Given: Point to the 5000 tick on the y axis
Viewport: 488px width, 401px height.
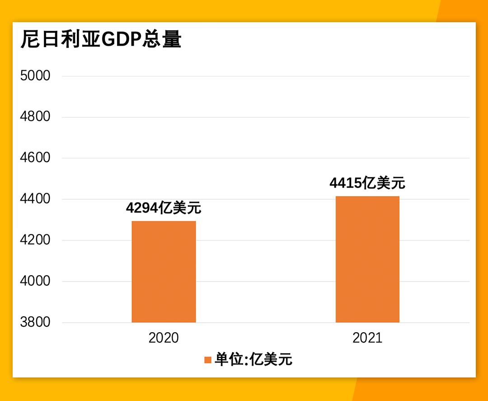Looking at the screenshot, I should pos(35,76).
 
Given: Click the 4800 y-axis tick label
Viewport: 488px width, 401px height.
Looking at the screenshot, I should pos(35,117).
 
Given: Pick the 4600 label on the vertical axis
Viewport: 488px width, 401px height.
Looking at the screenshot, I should pos(35,158).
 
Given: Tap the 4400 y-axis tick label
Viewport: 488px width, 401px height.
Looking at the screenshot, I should pos(35,199).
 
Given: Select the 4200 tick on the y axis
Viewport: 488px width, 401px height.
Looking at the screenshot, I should pos(35,240).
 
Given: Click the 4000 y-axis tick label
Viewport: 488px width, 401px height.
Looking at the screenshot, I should pos(35,281).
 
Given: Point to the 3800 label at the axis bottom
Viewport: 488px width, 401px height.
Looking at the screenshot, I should pos(35,322).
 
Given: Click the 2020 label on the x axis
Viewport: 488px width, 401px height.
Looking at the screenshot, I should pos(164,338).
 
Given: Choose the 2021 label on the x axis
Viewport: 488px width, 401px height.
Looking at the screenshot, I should pos(367,338).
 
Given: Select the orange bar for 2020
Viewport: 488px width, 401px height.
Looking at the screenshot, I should pos(164,272).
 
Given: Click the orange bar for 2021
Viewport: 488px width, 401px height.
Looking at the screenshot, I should pos(367,259).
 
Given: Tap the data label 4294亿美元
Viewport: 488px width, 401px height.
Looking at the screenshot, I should pos(164,208).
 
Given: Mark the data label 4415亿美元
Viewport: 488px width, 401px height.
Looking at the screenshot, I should pos(367,183).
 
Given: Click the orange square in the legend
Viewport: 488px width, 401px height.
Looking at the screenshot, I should pos(208,360).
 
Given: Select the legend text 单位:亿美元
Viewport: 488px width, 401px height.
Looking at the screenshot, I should pos(253,360).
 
